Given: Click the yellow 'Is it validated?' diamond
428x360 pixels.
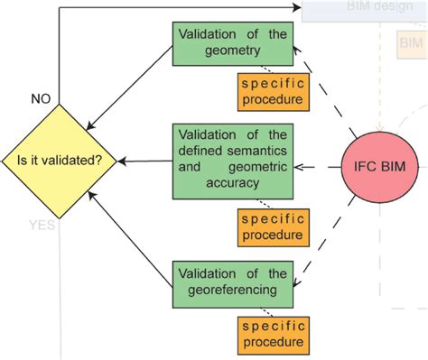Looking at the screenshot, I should (x=60, y=161).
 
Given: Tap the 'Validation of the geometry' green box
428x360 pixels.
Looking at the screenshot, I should (x=232, y=43).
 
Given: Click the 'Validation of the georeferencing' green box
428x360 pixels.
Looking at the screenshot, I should (x=232, y=282).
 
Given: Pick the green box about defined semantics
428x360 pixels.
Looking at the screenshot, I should (x=232, y=162).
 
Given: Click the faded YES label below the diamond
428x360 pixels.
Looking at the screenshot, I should (x=42, y=226).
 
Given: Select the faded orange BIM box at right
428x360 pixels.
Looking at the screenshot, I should (x=411, y=43).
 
